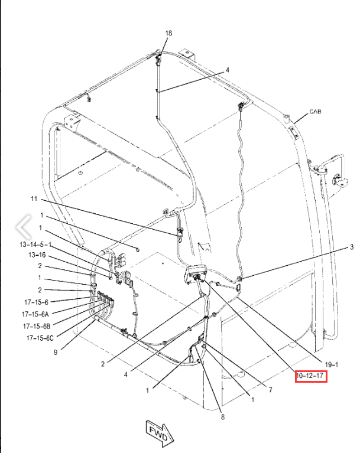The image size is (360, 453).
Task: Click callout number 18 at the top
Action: pos(168,34)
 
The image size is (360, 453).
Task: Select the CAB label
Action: pos(316,112)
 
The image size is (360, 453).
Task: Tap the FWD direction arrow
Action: pos(157,431)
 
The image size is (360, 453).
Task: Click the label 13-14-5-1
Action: pos(35,245)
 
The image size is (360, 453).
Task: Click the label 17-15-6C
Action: pos(38,338)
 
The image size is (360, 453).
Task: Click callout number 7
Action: pos(270,390)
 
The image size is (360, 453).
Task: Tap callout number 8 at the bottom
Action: pos(222,418)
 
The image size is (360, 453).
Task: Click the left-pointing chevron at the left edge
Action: pos(22,225)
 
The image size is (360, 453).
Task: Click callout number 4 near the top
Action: pos(226,70)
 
